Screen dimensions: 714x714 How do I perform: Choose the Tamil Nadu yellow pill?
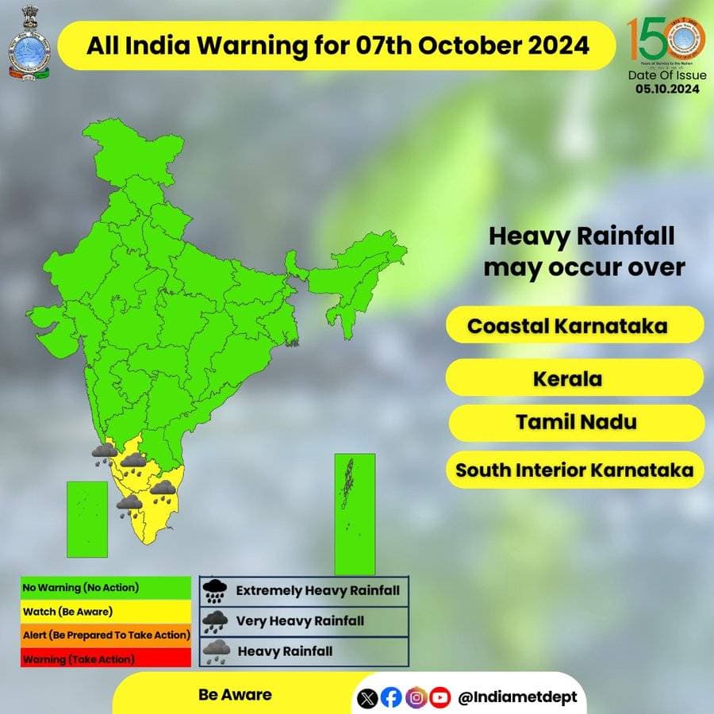pyautogui.click(x=576, y=422)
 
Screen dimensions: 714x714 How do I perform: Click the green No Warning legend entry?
pyautogui.click(x=106, y=588)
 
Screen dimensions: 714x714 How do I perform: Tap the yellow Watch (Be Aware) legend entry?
pyautogui.click(x=106, y=612)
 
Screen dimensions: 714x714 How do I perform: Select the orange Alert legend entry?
pyautogui.click(x=106, y=635)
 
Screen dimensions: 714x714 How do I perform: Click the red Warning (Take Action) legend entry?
pyautogui.click(x=106, y=658)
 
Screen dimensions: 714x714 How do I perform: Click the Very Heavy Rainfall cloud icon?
pyautogui.click(x=214, y=621)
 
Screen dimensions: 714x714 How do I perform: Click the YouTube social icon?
pyautogui.click(x=440, y=698)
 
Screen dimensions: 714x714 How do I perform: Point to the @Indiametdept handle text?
pyautogui.click(x=518, y=698)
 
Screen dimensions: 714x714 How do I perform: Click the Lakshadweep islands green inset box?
pyautogui.click(x=87, y=519)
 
